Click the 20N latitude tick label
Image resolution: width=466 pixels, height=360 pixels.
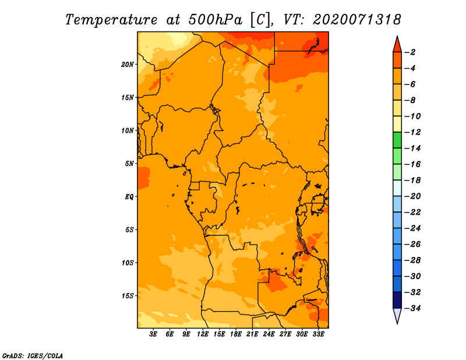pos(128,65)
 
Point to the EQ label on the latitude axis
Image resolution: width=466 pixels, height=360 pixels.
pos(129,197)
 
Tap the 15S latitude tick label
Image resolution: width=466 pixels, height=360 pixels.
pos(128,296)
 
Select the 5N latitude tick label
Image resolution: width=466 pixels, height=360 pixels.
pos(129,164)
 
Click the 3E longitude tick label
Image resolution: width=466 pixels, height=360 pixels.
pos(153,334)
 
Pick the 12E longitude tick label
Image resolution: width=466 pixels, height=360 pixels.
pos(203,334)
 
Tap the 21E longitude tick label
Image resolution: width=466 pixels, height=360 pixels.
pos(252,334)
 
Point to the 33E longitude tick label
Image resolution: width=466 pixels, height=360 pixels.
pos(318,334)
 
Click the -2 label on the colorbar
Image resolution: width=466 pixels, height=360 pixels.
pos(411,52)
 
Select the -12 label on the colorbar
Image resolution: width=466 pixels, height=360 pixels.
pos(413,132)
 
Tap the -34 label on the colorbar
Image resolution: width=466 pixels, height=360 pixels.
pos(413,308)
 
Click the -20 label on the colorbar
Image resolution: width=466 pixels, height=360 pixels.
pos(413,196)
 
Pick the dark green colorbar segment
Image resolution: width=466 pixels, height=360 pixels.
pos(397,140)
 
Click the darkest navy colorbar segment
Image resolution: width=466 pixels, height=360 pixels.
pos(397,300)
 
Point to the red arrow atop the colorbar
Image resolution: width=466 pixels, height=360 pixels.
pos(397,45)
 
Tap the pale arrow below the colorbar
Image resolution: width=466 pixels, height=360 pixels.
pos(397,316)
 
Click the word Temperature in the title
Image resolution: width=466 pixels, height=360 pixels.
pos(111,20)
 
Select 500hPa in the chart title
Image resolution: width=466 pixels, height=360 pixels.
pos(215,20)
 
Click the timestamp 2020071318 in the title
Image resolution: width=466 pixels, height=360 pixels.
pos(357,20)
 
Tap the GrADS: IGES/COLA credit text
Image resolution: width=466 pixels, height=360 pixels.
pos(33,356)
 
